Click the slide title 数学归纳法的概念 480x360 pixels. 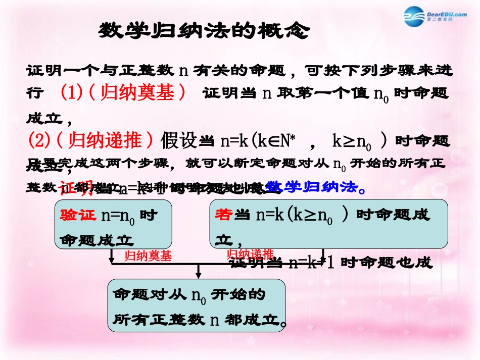click(x=203, y=31)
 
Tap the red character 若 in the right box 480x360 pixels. click(x=223, y=215)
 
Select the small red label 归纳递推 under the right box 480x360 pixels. click(x=250, y=253)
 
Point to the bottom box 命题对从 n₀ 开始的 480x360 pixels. click(x=197, y=305)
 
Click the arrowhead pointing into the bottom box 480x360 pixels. click(x=199, y=275)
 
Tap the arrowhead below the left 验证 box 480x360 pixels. click(x=112, y=260)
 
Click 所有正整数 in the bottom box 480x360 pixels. click(x=158, y=319)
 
